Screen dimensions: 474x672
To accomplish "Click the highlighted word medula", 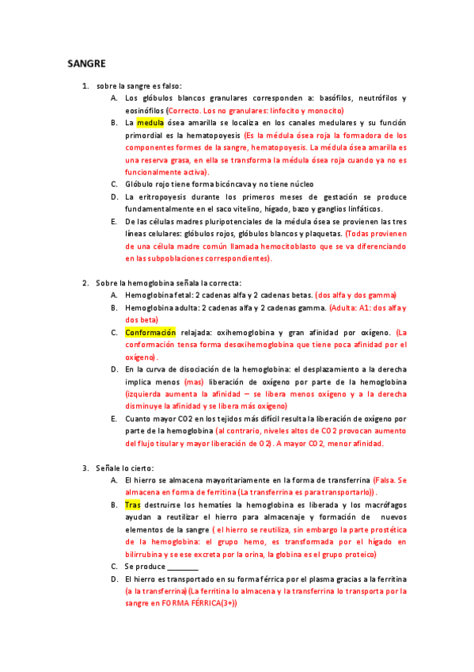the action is pyautogui.click(x=150, y=124).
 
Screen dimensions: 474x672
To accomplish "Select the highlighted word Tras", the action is pyautogui.click(x=132, y=504).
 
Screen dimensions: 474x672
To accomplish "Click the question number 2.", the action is pyautogui.click(x=85, y=283).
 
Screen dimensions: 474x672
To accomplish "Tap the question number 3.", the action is pyautogui.click(x=85, y=469).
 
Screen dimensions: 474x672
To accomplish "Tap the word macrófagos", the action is pyautogui.click(x=385, y=505).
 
